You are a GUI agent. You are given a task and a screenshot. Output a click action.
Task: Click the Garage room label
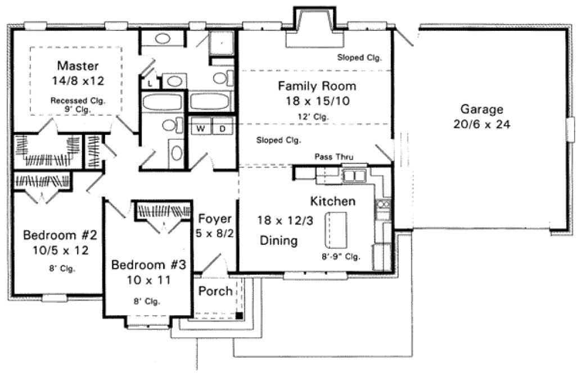(x=482, y=109)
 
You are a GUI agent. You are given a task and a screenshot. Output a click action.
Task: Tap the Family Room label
(x=317, y=86)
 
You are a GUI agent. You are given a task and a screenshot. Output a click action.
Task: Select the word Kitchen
(x=332, y=201)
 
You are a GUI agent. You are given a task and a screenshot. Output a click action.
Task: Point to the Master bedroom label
(x=79, y=65)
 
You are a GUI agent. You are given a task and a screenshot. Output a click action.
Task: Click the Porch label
(x=215, y=291)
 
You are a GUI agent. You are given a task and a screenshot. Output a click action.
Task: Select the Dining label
(x=278, y=241)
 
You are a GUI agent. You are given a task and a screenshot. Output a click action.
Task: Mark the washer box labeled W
(x=200, y=129)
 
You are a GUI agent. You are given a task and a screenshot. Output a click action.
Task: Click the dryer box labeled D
(x=222, y=129)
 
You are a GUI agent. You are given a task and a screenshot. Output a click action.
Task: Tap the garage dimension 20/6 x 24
(x=482, y=125)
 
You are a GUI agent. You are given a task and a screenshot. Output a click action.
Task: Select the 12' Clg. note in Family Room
(x=313, y=117)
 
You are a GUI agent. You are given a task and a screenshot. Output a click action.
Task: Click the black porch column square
(x=239, y=315)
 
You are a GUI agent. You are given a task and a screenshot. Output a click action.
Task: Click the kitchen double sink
(x=355, y=176)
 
